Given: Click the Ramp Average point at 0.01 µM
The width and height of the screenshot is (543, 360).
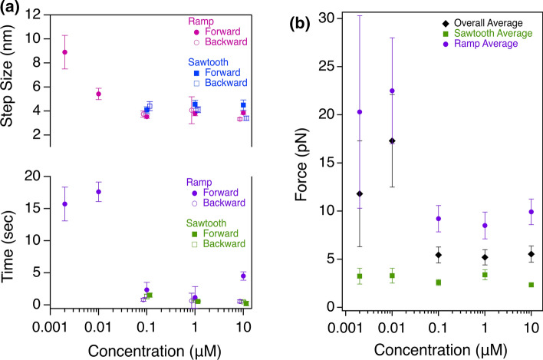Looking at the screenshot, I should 392,91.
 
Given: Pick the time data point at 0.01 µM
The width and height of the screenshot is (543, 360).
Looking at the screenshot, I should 97,192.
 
